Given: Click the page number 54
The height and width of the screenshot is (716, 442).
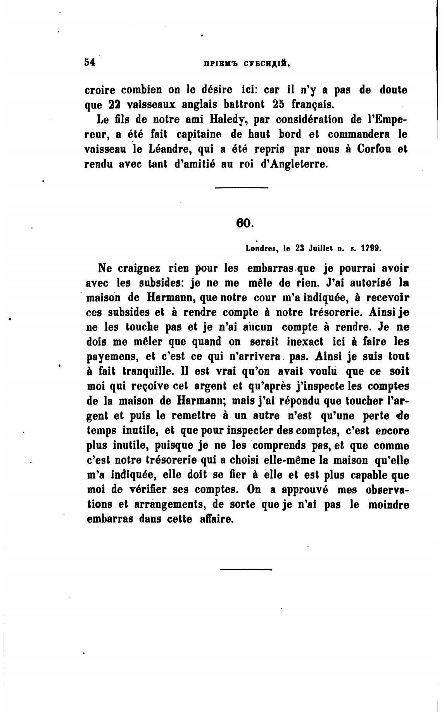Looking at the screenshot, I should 90,62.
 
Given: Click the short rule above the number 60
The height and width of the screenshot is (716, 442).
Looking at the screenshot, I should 241,188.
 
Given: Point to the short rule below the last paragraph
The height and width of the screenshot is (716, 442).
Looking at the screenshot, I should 246,569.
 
